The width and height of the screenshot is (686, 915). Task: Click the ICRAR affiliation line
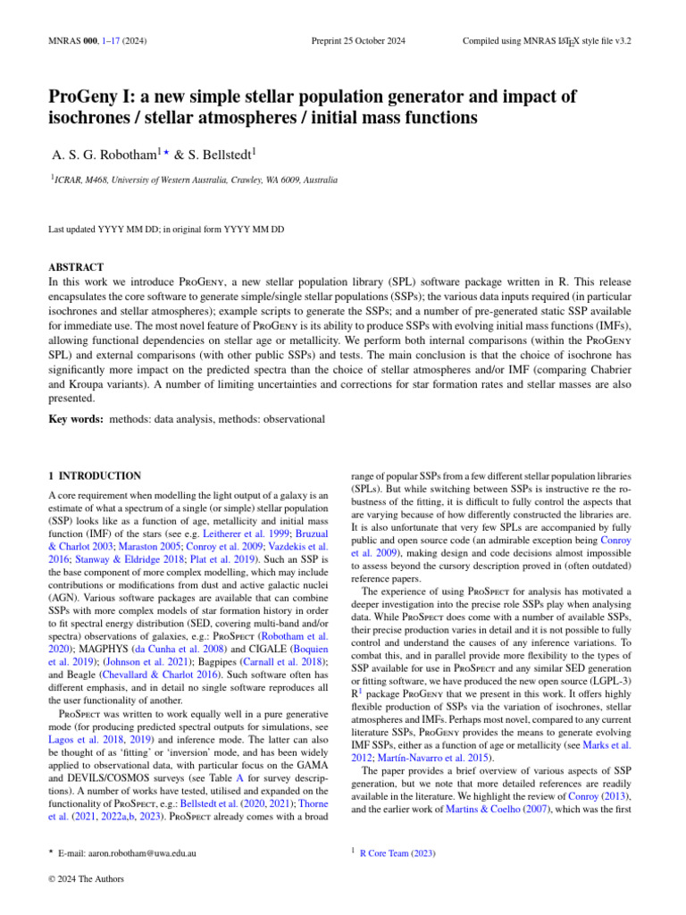pyautogui.click(x=195, y=180)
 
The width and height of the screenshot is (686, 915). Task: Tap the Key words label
pyautogui.click(x=75, y=417)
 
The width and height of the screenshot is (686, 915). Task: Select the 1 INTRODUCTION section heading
pyautogui.click(x=94, y=476)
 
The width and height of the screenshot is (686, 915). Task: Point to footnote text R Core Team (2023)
pyautogui.click(x=397, y=854)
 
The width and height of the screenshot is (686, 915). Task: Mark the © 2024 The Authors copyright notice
pyautogui.click(x=86, y=878)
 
